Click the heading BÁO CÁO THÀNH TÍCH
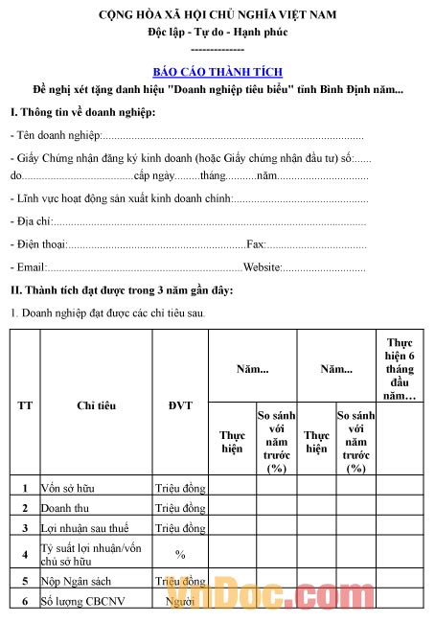tap(217, 72)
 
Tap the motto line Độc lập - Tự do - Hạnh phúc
tap(217, 32)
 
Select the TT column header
tap(25, 405)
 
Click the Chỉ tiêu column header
tap(96, 405)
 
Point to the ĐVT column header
tap(180, 405)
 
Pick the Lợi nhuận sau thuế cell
tap(80, 528)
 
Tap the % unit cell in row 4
tap(180, 554)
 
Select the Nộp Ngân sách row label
tap(75, 581)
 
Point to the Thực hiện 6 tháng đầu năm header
tap(400, 369)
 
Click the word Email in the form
tap(26, 267)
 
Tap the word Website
tap(262, 267)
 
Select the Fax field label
tap(256, 245)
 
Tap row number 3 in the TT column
tap(25, 528)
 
